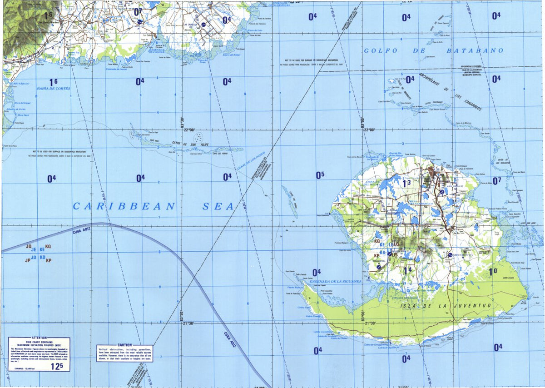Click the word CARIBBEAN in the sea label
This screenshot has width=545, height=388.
click(124, 206)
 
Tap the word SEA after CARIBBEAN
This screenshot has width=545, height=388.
click(218, 206)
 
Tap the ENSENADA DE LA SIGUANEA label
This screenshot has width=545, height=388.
click(335, 281)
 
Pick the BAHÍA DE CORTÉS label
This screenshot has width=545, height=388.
click(54, 88)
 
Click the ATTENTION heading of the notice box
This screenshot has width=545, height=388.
click(39, 338)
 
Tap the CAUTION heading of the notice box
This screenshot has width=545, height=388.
click(124, 345)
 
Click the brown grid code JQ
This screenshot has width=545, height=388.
click(29, 247)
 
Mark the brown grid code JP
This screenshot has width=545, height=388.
click(27, 260)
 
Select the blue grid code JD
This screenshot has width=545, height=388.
click(34, 257)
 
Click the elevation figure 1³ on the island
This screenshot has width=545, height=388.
click(406, 183)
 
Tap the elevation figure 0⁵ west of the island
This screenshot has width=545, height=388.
click(320, 175)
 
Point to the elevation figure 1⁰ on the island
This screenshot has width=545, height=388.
click(493, 272)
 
